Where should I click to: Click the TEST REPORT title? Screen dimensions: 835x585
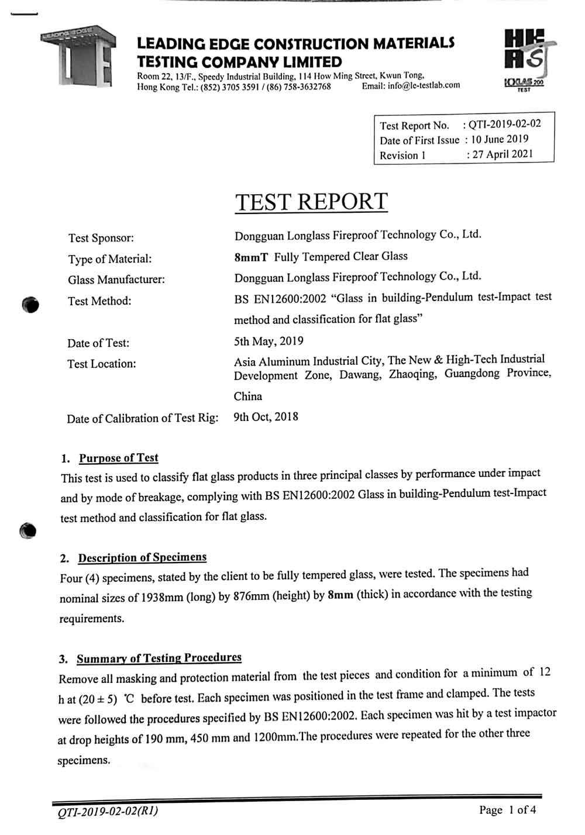pos(311,202)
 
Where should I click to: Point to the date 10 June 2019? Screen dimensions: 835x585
pos(500,139)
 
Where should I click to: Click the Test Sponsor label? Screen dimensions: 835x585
pos(101,238)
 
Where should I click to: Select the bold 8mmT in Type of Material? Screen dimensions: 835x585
pos(251,257)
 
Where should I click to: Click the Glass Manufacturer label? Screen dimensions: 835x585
pos(116,280)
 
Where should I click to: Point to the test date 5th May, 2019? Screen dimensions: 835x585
pos(269,341)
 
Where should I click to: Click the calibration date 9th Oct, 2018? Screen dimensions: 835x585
pos(266,417)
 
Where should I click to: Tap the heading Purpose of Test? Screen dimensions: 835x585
pos(118,458)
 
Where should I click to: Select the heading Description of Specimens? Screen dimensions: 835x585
pos(142,557)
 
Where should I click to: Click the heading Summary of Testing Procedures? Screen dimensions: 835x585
pos(159,658)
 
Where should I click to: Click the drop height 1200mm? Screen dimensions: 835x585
pos(275,737)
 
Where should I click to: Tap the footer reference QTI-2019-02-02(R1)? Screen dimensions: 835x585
pos(108,812)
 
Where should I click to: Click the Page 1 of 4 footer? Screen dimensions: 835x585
pos(507,810)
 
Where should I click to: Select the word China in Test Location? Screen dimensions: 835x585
pos(248,396)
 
